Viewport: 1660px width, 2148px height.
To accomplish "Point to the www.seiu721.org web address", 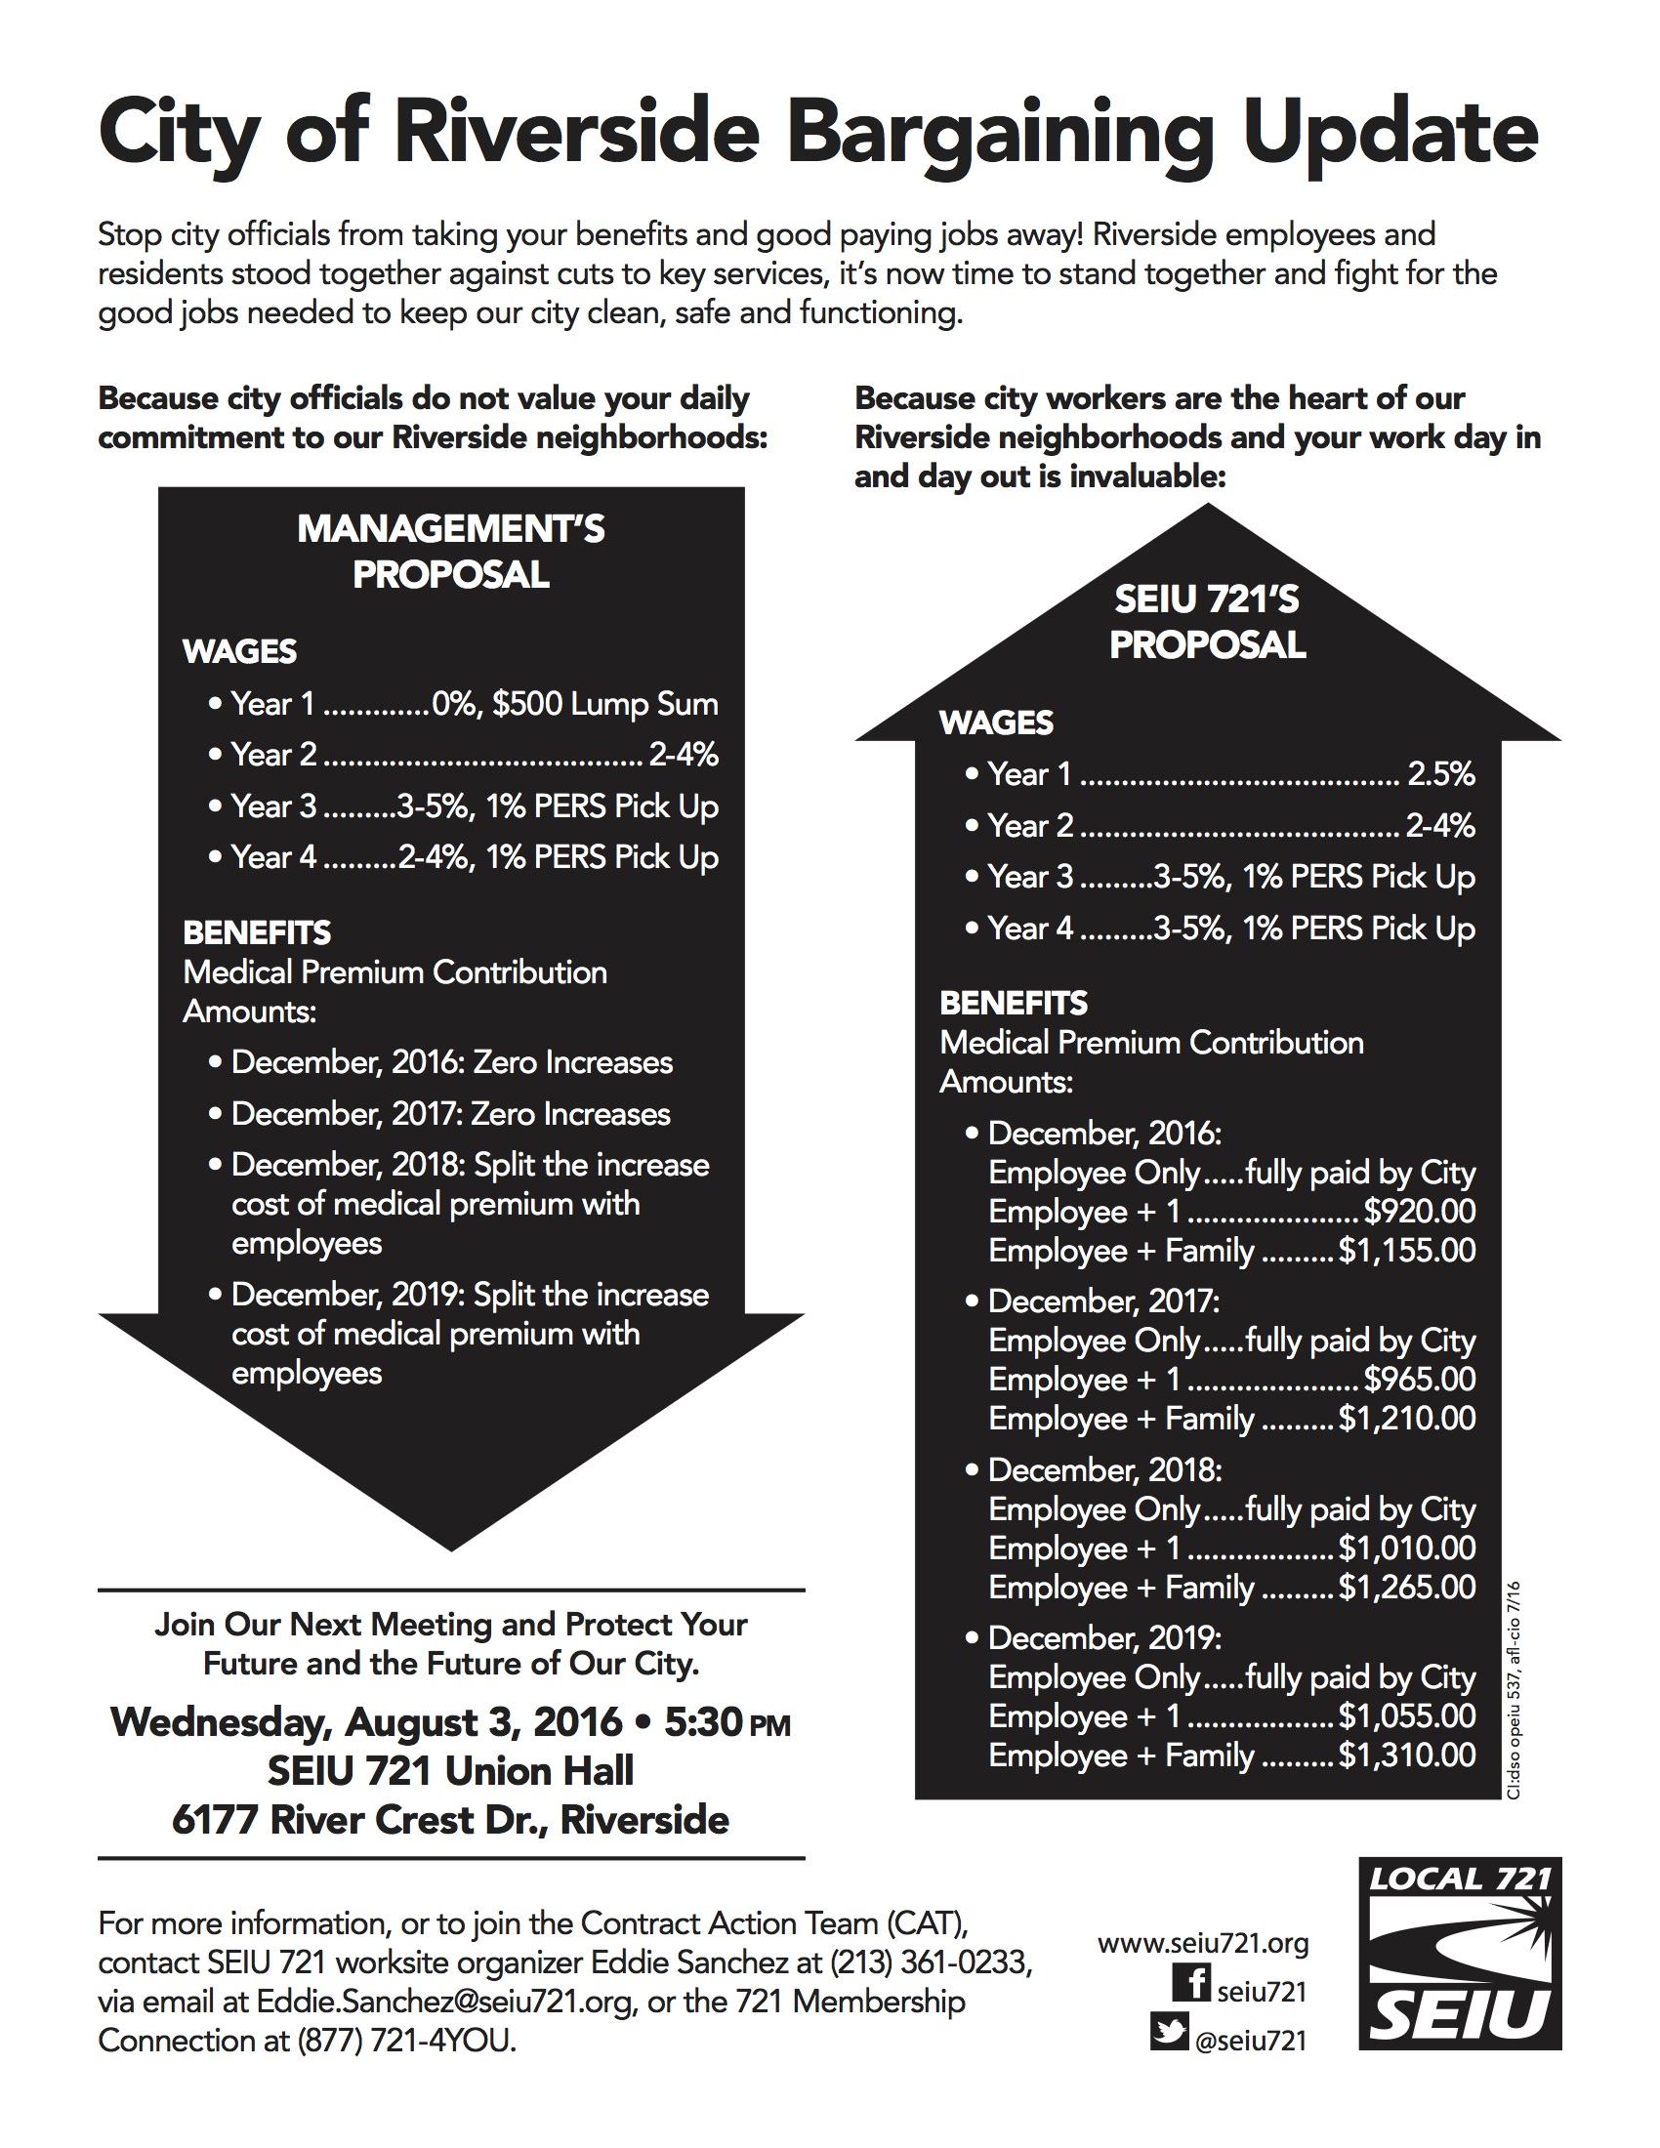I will pos(1203,1942).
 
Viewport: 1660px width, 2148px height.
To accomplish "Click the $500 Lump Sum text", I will pos(604,704).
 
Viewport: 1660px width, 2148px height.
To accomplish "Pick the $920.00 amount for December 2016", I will pos(1419,1212).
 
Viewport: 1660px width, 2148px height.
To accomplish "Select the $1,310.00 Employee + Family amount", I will pos(1406,1756).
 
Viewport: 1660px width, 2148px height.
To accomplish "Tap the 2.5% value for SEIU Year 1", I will pos(1440,774).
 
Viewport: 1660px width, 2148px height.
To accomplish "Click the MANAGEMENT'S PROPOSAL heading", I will pos(451,552).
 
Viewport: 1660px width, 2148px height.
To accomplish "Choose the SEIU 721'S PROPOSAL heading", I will pos(1207,622).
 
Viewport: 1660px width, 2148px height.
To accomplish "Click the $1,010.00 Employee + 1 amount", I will pos(1406,1549).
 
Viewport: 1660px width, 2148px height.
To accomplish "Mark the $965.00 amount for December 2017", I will pos(1419,1379).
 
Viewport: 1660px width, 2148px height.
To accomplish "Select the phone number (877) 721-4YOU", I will pos(406,2041).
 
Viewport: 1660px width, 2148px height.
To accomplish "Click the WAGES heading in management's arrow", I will pos(240,651).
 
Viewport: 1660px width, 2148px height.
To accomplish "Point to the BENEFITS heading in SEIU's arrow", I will pos(1014,1003).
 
